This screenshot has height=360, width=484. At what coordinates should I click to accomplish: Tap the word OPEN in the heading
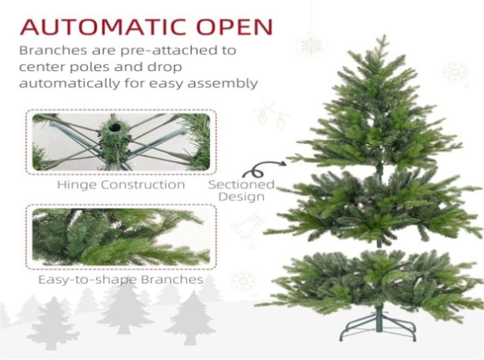pos(235,27)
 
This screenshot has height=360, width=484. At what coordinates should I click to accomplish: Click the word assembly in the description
pos(222,84)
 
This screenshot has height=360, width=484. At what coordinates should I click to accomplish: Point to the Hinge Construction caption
pos(121,185)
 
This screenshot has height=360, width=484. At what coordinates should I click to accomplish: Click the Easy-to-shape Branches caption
pos(121,280)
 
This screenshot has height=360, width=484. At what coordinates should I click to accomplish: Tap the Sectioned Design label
pos(242,191)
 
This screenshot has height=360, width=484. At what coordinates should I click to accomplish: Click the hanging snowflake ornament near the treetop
pos(311,45)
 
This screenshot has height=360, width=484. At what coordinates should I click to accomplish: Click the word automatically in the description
pos(69,84)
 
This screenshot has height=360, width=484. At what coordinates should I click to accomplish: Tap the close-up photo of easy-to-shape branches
pos(121,237)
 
